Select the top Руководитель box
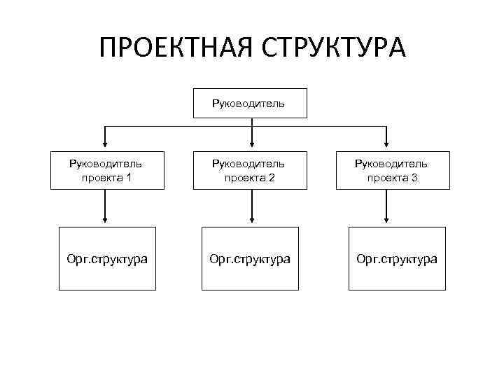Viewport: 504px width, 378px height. (251, 104)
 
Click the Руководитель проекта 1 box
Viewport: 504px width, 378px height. (106, 170)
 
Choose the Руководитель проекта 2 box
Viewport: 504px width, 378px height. (250, 170)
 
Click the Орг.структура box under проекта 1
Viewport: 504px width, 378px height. (106, 258)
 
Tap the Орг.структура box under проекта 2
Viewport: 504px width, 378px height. (250, 258)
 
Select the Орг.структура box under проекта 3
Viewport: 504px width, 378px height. (397, 258)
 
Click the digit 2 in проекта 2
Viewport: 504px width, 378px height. (272, 178)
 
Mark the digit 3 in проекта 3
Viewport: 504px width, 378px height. (415, 178)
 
